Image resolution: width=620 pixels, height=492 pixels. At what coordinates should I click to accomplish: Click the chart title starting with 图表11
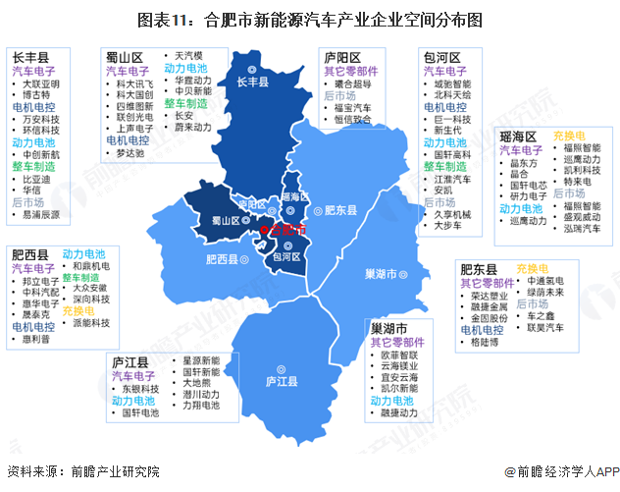click(310, 19)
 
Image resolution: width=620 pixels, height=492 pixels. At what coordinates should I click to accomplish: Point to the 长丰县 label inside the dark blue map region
click(253, 82)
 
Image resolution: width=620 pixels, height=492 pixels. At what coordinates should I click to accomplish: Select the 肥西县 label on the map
click(222, 259)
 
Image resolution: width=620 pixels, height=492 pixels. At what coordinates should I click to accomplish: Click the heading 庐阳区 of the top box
click(342, 57)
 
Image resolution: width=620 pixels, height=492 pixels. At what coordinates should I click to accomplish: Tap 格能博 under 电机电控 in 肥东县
click(485, 344)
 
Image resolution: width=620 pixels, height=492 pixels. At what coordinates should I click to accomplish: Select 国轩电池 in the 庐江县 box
click(141, 413)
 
